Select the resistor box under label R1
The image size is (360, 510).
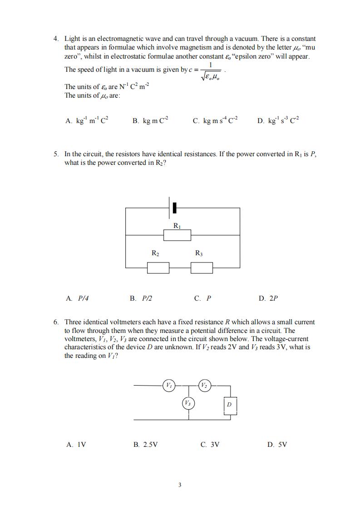177,235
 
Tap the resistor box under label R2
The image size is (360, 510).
158,268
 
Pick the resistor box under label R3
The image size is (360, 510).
202,268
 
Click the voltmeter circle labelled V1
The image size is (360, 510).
168,386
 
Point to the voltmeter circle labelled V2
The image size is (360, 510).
205,386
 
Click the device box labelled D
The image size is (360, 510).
230,404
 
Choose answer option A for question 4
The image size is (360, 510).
87,121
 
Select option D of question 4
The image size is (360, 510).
278,121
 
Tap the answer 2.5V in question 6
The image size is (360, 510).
145,445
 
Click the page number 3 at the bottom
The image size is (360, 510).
180,485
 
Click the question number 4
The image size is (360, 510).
56,39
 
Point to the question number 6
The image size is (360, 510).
56,322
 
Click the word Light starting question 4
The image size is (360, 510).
72,39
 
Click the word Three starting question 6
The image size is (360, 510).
74,322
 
